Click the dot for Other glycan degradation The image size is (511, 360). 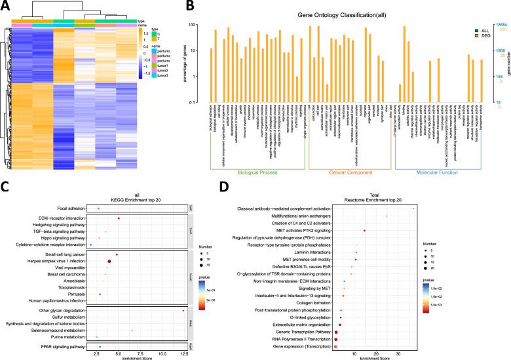pos(183,310)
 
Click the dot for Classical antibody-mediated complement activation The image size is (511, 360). pos(414,209)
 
